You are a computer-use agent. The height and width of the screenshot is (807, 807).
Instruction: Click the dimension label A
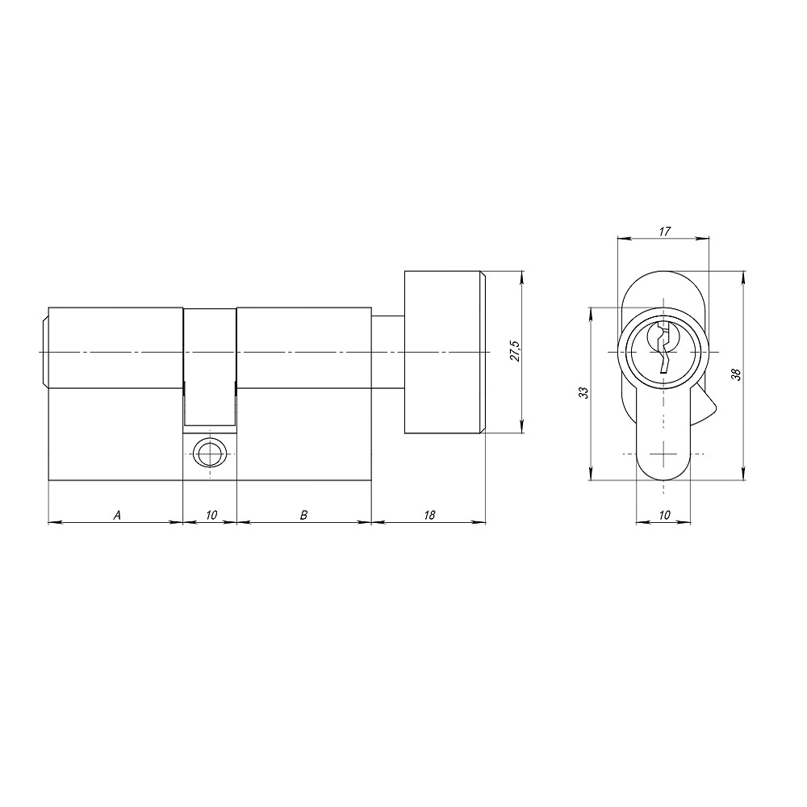[117, 514]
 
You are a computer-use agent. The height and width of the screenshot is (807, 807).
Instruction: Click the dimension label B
[303, 514]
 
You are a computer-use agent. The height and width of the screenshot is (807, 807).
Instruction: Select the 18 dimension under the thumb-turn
[429, 514]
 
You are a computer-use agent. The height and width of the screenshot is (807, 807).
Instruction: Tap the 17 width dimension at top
[663, 231]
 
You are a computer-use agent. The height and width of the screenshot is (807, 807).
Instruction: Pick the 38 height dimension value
[735, 374]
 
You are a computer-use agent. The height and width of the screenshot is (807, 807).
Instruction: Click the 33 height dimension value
[583, 393]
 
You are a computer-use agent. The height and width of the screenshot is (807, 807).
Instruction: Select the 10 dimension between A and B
[211, 514]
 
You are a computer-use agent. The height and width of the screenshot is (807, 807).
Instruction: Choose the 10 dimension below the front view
[663, 514]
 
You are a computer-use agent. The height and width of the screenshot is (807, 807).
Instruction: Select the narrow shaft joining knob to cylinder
[387, 353]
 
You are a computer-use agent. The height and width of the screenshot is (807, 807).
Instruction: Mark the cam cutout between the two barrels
[211, 367]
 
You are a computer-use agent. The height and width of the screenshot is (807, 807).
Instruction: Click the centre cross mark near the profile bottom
[663, 454]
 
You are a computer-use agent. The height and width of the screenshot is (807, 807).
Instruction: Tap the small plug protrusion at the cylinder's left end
[44, 353]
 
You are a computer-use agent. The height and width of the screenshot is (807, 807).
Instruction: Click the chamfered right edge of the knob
[483, 353]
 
